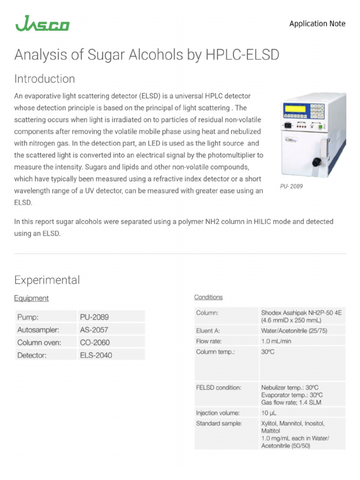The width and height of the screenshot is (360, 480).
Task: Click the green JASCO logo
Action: click(x=42, y=23)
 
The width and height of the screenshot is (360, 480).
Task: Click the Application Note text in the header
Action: click(x=317, y=23)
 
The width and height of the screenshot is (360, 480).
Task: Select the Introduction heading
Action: click(x=45, y=79)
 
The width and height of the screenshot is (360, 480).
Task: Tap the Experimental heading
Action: click(x=47, y=280)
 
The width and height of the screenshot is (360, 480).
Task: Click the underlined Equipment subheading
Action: click(x=31, y=298)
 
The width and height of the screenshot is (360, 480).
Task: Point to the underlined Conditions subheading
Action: click(x=209, y=297)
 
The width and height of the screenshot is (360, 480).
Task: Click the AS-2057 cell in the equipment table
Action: click(x=96, y=330)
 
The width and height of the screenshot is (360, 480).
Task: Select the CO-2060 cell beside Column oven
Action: click(x=96, y=342)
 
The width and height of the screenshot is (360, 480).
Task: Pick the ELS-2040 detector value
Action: click(x=96, y=355)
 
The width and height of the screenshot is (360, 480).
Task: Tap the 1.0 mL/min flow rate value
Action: click(x=276, y=341)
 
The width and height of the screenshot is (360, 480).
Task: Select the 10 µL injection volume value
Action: click(x=269, y=413)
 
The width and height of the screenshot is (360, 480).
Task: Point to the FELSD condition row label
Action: click(x=219, y=388)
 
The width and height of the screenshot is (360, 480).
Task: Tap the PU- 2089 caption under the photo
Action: click(x=292, y=186)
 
